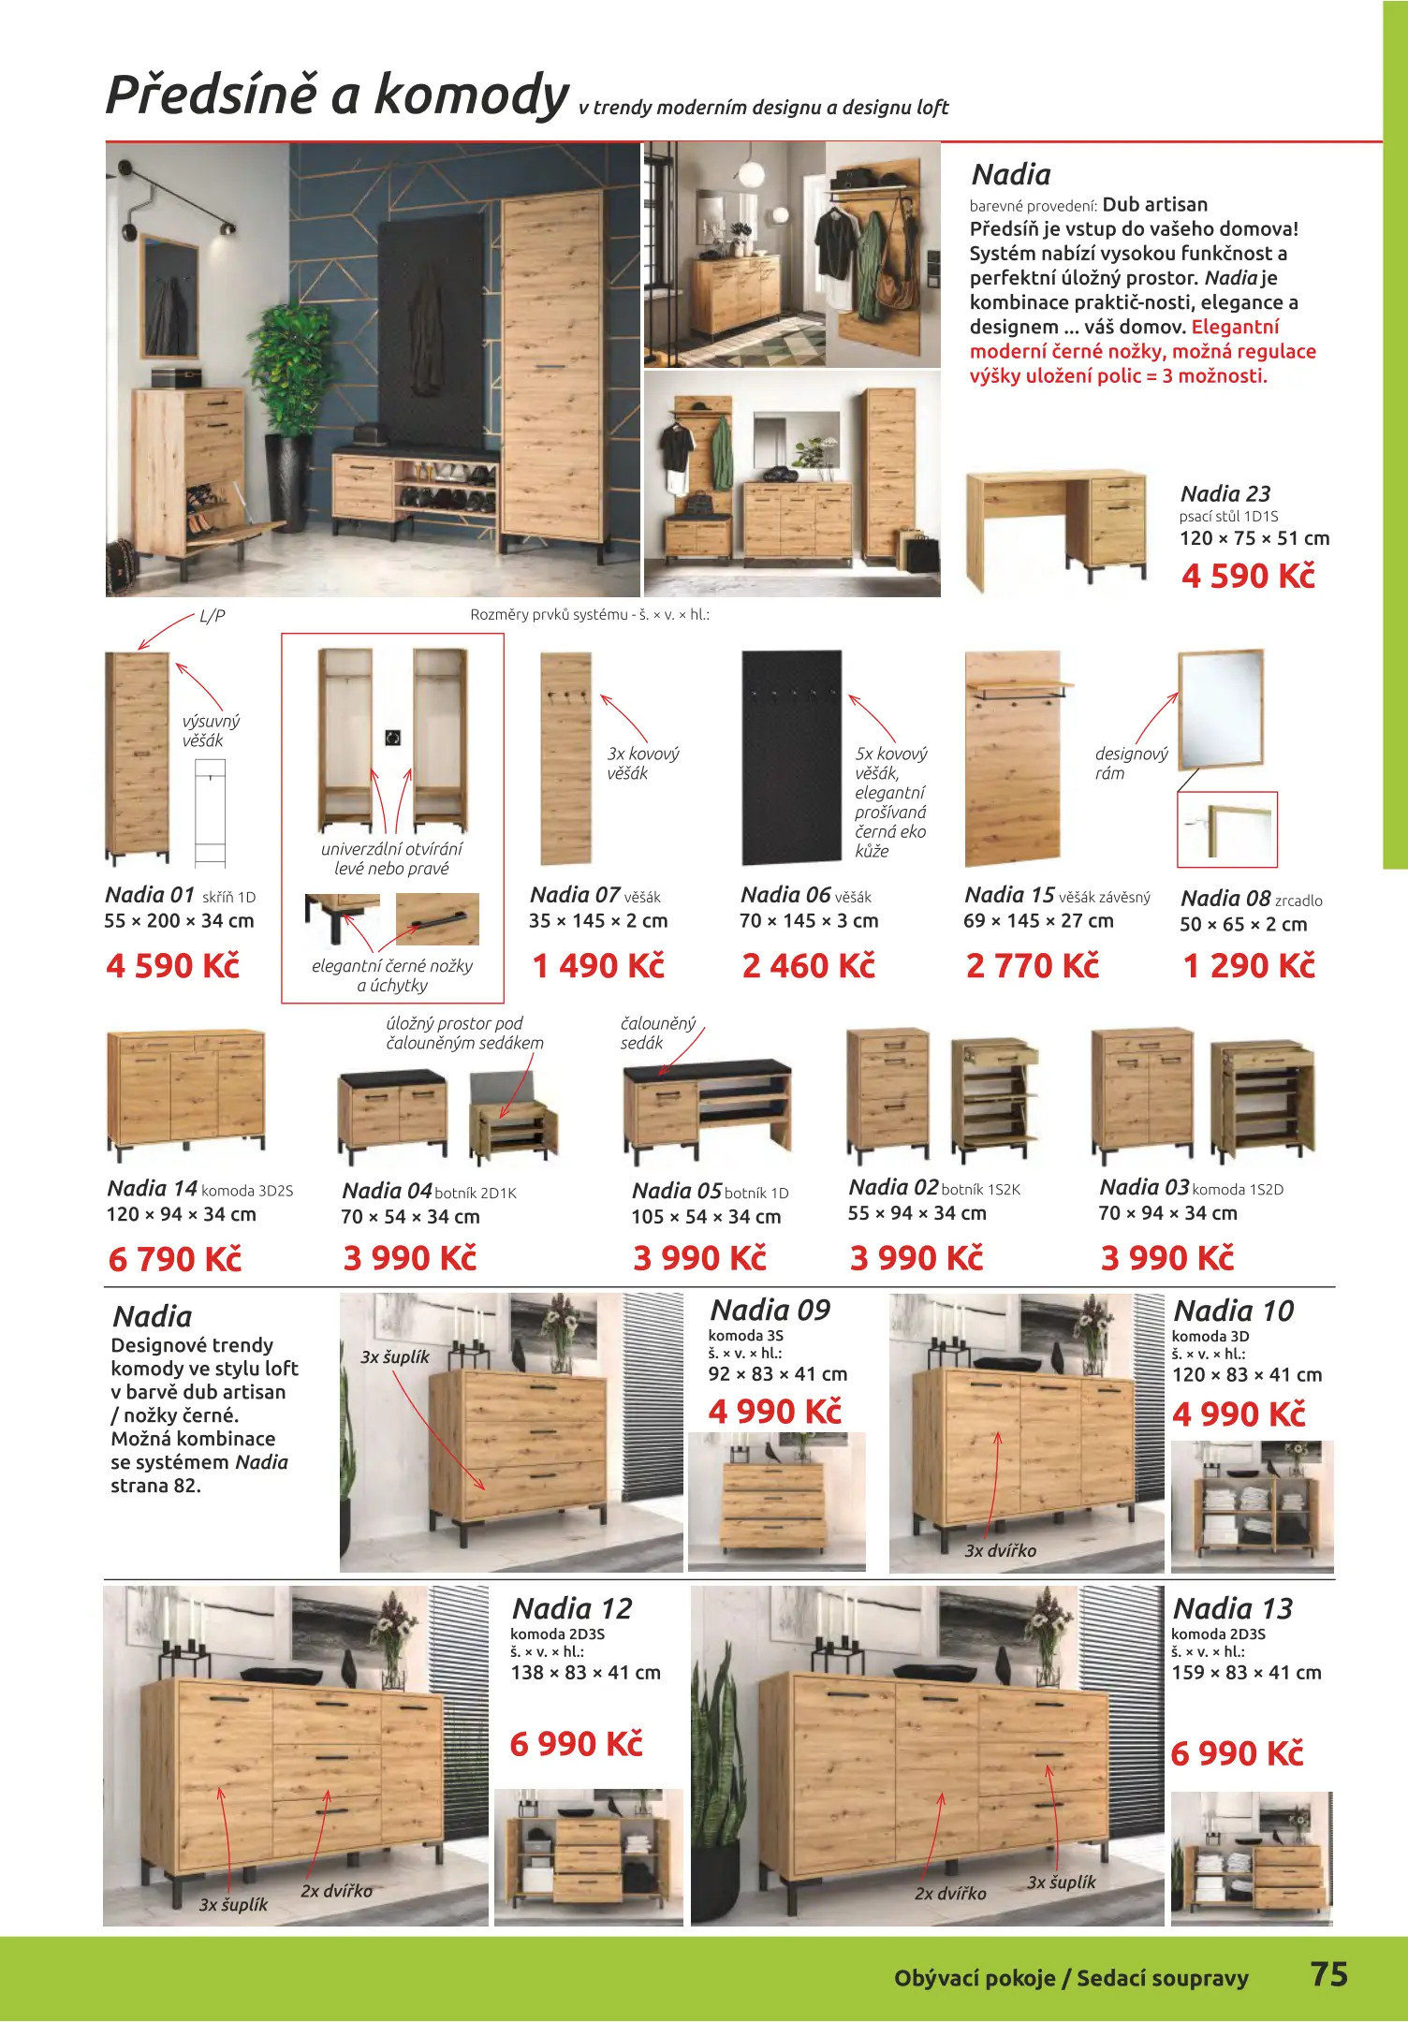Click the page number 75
[x=1328, y=1973]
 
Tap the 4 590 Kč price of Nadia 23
[x=1248, y=576]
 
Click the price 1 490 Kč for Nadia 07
[x=598, y=965]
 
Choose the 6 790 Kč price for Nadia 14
[x=175, y=1259]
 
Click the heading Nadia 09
[x=770, y=1310]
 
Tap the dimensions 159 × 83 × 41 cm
[x=1246, y=1672]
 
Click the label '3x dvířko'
[x=1000, y=1551]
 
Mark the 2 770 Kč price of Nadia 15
[x=1032, y=965]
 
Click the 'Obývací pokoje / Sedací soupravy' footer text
[x=1071, y=1978]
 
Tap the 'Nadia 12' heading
[x=572, y=1608]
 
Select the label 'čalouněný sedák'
[x=657, y=1033]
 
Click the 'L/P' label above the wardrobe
[x=213, y=616]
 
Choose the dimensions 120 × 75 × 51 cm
[x=1254, y=538]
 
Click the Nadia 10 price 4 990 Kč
[x=1238, y=1414]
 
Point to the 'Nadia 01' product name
[x=150, y=895]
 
